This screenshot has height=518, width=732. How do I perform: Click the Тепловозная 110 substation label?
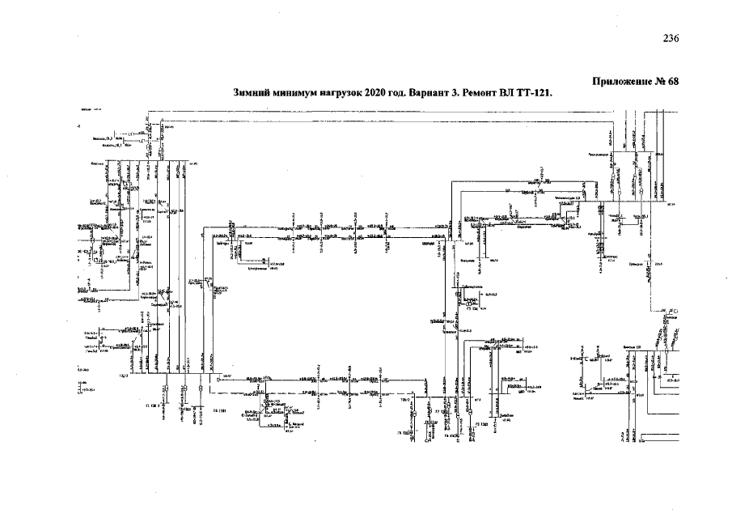(568, 197)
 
